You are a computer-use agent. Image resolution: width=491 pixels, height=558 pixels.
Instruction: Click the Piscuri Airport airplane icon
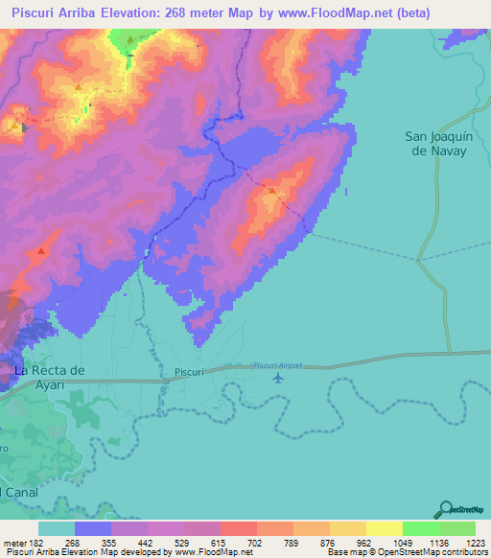click(278, 378)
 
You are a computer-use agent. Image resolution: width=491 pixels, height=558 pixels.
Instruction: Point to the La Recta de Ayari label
click(50, 377)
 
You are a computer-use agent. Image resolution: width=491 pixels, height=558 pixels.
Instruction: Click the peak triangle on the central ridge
click(272, 191)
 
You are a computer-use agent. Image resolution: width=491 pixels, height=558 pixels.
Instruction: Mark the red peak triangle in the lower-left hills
click(40, 251)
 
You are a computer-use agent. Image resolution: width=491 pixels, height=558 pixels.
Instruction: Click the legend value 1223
click(475, 543)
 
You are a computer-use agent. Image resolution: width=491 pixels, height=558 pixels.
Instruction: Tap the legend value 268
click(97, 543)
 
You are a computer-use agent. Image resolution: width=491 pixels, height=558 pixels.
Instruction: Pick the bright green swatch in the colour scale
click(420, 528)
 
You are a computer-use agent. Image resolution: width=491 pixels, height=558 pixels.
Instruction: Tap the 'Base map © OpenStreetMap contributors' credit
click(407, 552)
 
